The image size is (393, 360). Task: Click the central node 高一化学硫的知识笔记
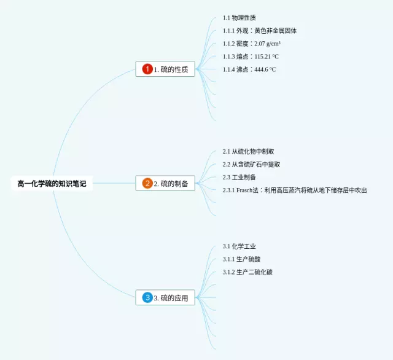click(x=52, y=183)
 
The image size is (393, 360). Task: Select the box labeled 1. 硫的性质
click(x=165, y=69)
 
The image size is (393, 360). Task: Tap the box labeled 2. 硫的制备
click(x=165, y=183)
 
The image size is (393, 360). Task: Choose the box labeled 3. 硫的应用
click(x=165, y=298)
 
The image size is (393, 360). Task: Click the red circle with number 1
click(x=147, y=69)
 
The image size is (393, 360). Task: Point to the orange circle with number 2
click(x=147, y=183)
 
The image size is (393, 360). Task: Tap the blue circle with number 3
click(x=147, y=298)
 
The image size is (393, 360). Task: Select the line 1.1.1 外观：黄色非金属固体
click(x=260, y=31)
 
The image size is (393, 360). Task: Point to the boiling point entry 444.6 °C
click(x=249, y=69)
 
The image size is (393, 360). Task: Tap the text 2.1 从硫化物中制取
click(x=248, y=151)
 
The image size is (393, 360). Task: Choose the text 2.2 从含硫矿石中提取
click(x=251, y=164)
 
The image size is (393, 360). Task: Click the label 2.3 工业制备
click(x=239, y=177)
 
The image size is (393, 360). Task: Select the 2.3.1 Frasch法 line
click(x=295, y=190)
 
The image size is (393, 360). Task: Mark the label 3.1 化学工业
click(x=239, y=246)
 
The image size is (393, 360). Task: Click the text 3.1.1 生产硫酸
click(x=241, y=259)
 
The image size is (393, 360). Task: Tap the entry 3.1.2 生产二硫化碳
click(x=247, y=272)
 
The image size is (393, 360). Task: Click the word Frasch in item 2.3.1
click(x=244, y=190)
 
